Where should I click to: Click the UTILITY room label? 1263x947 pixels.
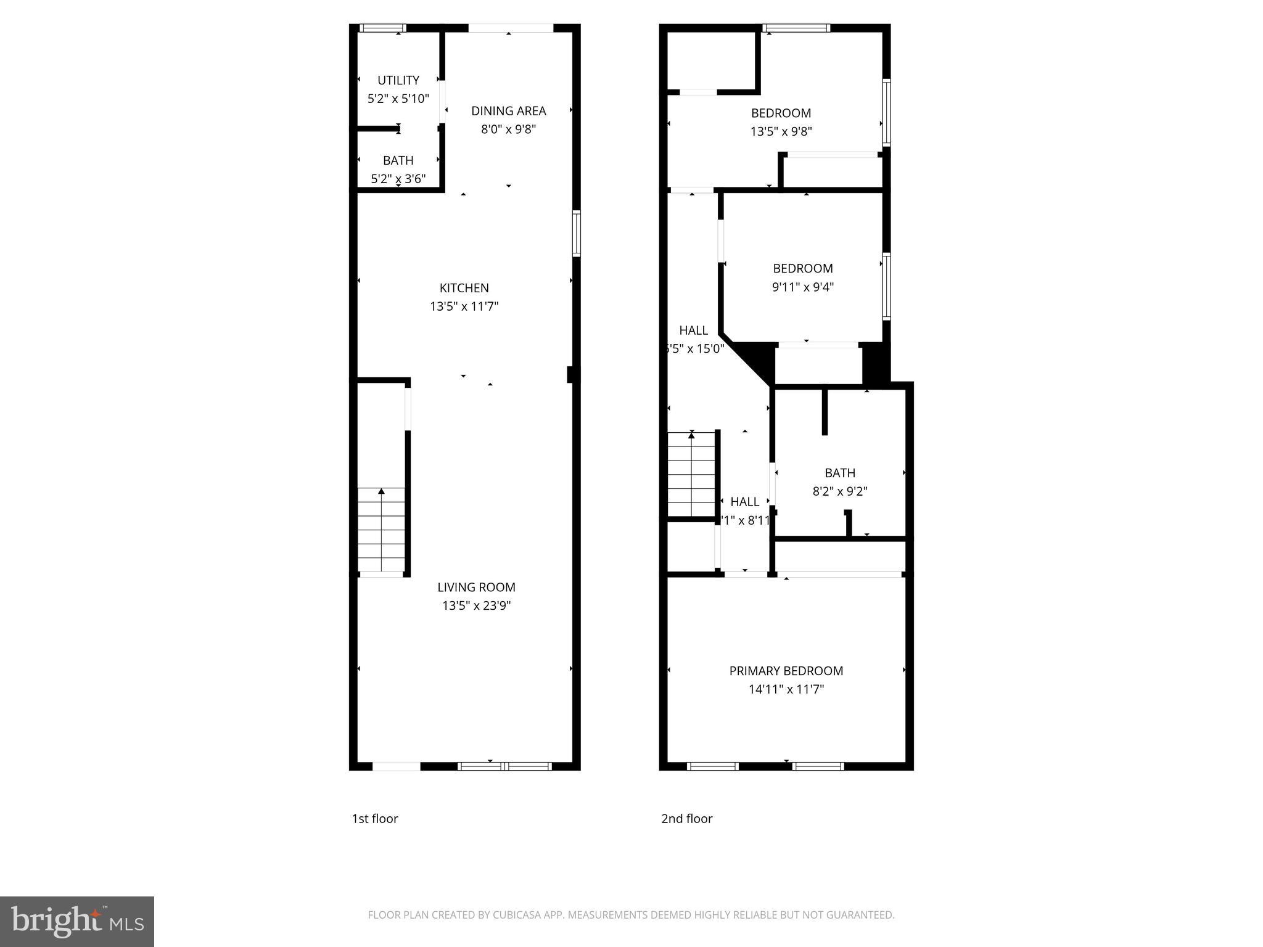[x=398, y=80]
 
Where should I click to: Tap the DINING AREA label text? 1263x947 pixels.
[x=508, y=111]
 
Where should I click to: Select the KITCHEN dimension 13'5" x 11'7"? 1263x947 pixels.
[x=464, y=306]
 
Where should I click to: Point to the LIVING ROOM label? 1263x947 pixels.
[x=476, y=588]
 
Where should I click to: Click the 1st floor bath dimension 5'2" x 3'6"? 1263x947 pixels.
[x=398, y=179]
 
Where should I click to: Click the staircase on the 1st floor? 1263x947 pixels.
[x=381, y=530]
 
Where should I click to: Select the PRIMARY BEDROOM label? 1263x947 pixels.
[x=786, y=671]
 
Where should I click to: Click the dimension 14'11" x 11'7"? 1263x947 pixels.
[x=786, y=689]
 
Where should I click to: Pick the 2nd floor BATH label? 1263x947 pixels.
[x=839, y=473]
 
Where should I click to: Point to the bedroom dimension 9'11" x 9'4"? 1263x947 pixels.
[x=802, y=287]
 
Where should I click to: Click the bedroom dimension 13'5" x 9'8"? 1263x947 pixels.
[x=781, y=131]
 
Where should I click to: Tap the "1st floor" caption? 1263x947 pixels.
[x=375, y=819]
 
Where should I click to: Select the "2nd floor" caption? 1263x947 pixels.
[x=686, y=819]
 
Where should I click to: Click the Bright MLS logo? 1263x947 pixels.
[x=77, y=922]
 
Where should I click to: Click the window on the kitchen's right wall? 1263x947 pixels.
[x=577, y=233]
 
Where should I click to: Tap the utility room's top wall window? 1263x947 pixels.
[x=382, y=28]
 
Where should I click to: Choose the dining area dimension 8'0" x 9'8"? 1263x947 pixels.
[x=508, y=129]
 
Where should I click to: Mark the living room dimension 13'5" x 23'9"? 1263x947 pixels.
[x=476, y=605]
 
